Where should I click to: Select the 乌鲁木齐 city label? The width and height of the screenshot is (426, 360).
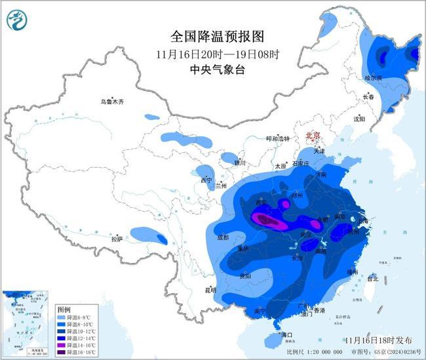pyautogui.click(x=112, y=102)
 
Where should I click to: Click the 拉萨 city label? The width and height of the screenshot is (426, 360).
pyautogui.click(x=117, y=239)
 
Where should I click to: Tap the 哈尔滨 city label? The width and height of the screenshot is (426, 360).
pyautogui.click(x=373, y=77)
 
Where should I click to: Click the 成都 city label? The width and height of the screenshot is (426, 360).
pyautogui.click(x=222, y=237)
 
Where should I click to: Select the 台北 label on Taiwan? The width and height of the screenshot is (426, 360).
pyautogui.click(x=372, y=279)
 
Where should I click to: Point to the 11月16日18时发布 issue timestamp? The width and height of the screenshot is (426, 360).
pyautogui.click(x=378, y=340)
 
